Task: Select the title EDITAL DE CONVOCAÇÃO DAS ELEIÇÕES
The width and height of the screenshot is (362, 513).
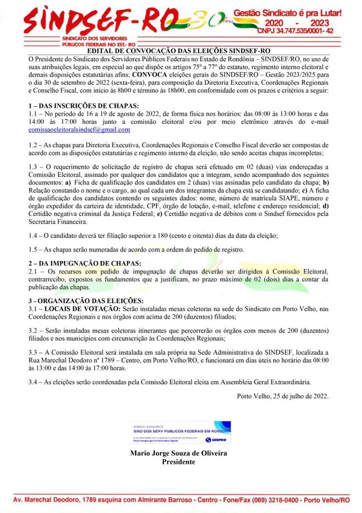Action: tap(178, 51)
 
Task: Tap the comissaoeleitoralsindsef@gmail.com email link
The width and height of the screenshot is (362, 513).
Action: tap(79, 130)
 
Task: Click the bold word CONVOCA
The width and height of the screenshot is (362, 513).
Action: tap(149, 75)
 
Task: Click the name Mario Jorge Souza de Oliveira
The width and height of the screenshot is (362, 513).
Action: tap(178, 453)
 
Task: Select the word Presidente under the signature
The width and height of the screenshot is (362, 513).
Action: tap(178, 462)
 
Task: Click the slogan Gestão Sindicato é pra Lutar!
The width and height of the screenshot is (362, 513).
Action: tap(287, 13)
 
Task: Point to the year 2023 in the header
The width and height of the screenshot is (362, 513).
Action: tap(319, 23)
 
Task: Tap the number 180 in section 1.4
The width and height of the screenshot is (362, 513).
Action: tap(163, 235)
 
